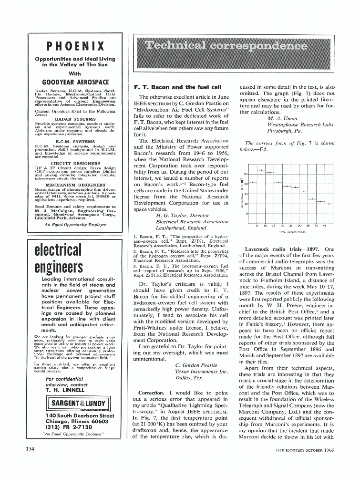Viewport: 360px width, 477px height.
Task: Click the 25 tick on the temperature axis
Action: (246, 174)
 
